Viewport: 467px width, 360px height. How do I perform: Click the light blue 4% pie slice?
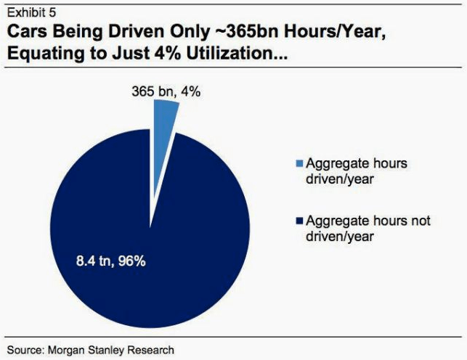pyautogui.click(x=165, y=116)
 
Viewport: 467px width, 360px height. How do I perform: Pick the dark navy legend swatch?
pyautogui.click(x=300, y=221)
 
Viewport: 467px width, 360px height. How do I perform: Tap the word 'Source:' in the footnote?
pyautogui.click(x=25, y=349)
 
